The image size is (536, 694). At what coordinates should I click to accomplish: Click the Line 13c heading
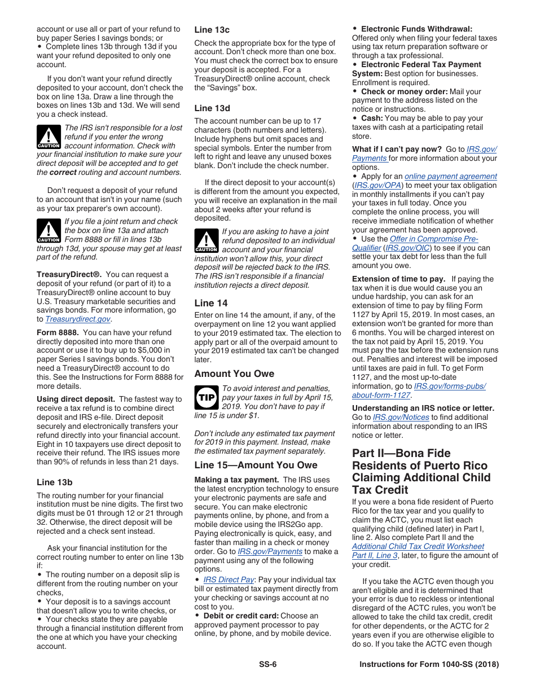212,30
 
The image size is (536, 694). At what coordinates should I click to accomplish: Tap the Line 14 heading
211,303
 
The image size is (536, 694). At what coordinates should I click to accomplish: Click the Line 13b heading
54,482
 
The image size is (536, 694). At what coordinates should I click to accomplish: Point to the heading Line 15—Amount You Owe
256,465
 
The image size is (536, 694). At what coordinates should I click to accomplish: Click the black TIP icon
205,398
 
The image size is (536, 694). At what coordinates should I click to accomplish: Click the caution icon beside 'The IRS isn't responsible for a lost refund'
49,137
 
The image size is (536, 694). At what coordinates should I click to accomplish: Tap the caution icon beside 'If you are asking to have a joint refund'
206,241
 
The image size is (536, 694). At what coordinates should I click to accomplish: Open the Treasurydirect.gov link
77,319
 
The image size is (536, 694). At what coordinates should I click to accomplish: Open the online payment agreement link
450,177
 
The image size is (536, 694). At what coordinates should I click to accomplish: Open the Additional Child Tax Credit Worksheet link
418,546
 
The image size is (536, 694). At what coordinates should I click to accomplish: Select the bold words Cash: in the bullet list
371,118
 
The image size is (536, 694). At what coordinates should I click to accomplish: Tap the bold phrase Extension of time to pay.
398,279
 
